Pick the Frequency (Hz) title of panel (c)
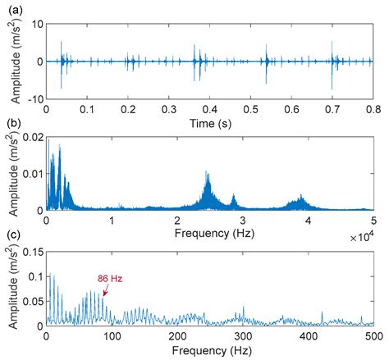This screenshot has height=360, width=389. tap(209, 352)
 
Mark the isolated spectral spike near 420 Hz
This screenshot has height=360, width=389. tap(322, 312)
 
